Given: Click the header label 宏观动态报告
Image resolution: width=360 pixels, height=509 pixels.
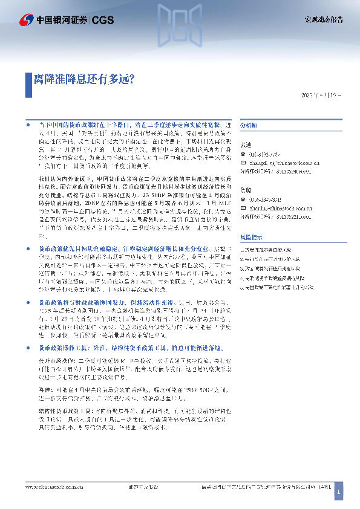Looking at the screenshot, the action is click(323, 20).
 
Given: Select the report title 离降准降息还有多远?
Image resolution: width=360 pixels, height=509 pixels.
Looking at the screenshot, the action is click(83, 79).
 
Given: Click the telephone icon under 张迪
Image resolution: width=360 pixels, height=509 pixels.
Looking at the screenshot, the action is click(243, 154).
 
